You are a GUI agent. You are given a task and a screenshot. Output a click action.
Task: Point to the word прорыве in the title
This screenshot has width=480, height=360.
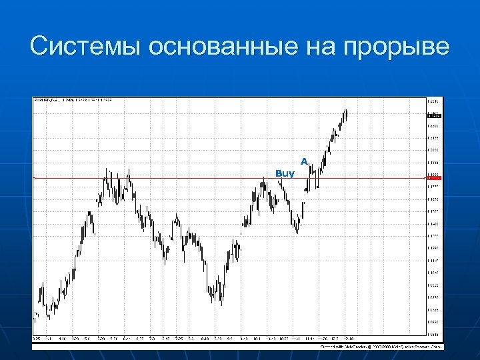coord(397,47)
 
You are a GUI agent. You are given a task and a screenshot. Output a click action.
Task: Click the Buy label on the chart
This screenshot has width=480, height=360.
coord(285,173)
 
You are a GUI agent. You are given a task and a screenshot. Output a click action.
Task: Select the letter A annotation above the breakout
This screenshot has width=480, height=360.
coord(304,161)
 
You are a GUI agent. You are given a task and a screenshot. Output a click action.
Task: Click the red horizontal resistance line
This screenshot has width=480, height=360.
coord(200,178)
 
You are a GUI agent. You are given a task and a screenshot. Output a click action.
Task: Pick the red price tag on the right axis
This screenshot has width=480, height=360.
coord(433,178)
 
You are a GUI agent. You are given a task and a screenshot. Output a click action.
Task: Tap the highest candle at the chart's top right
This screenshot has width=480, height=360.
coord(345,112)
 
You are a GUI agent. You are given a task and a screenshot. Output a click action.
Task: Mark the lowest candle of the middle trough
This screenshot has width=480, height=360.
coord(220,301)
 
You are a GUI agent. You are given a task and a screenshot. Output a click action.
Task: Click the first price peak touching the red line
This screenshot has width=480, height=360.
coord(106,174)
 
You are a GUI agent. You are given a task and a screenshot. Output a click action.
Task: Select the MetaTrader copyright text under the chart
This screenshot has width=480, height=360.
coord(380,347)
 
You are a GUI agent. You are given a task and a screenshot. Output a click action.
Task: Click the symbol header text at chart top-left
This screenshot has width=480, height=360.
coord(73,101)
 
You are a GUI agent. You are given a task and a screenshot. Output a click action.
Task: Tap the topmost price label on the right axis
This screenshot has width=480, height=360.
coord(433,101)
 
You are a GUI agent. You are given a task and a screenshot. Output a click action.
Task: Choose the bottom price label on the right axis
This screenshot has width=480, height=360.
coord(433,334)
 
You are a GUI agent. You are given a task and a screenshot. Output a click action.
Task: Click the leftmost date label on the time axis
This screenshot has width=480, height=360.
coord(36,339)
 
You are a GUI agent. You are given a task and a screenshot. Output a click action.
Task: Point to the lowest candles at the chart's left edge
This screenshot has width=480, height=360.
coord(37,318)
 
